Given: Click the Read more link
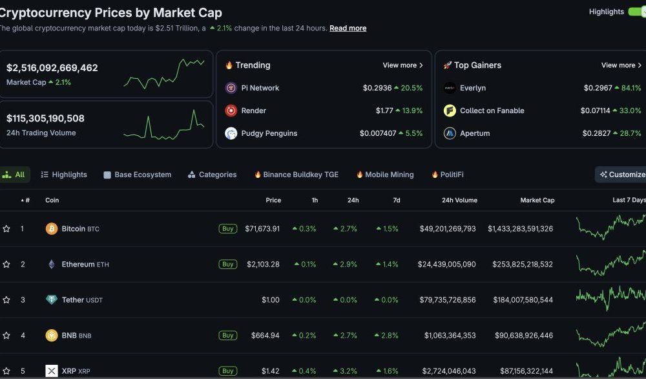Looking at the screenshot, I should coord(348,28).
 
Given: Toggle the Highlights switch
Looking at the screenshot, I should coord(636,12).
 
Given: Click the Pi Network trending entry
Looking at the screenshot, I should coord(260,88).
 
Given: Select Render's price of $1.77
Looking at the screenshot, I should coord(384,111).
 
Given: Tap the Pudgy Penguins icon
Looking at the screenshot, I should coord(231,133).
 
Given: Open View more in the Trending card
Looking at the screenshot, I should coord(402,65).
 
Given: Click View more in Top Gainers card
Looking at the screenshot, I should coord(621,65).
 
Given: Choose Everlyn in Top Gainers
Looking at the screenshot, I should coord(472,88).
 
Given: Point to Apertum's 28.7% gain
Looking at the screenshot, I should coord(627,133).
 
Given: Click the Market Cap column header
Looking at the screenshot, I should coord(537,200).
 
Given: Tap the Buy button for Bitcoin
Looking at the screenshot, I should coord(227,229).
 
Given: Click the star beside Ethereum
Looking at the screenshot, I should coord(6,265).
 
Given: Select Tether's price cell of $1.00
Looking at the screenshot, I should coord(270,300).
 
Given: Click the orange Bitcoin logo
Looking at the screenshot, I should coord(52,229).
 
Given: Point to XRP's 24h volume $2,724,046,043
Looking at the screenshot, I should coord(450,371).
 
